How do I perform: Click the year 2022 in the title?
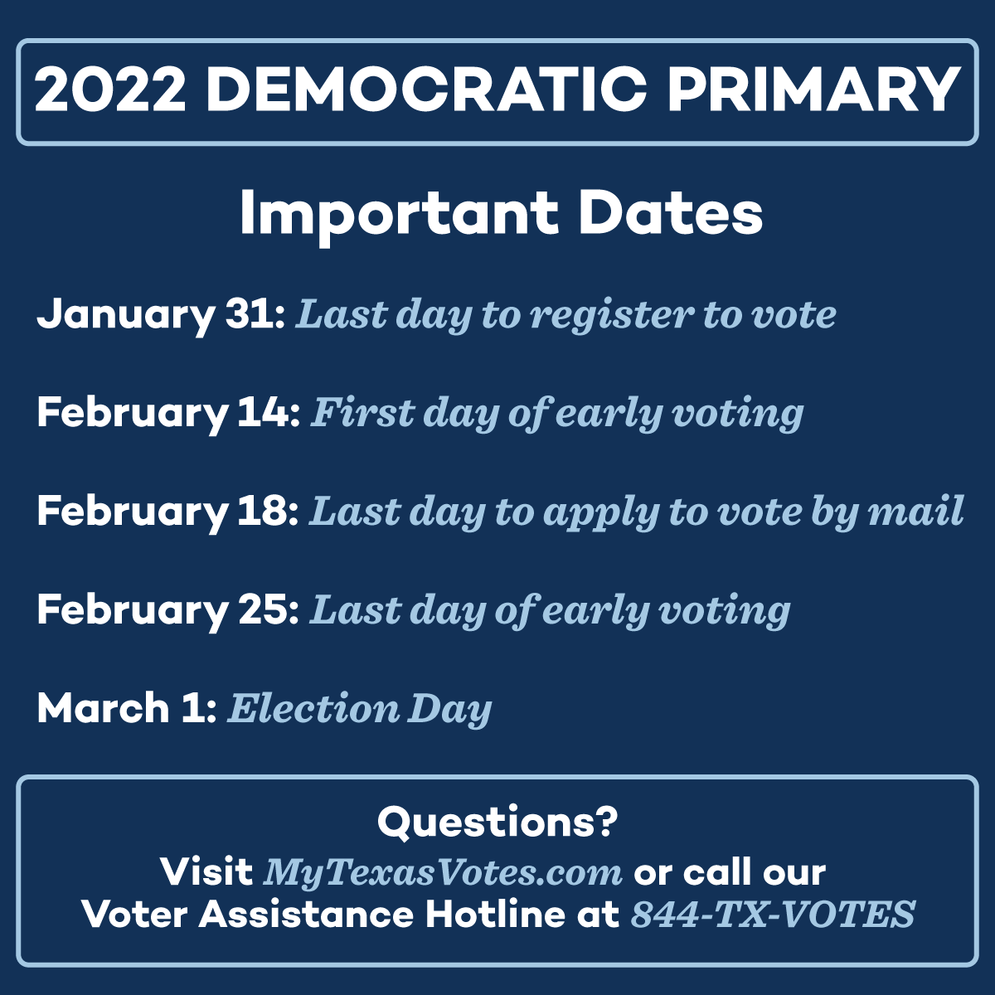pos(110,90)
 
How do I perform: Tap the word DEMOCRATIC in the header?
pos(426,90)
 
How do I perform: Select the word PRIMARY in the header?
pos(814,90)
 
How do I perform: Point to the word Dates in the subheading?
pos(671,213)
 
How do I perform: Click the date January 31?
pos(161,315)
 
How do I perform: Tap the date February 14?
pos(168,414)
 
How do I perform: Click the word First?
pos(362,413)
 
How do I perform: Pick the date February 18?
pos(167,512)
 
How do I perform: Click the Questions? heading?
pos(498,823)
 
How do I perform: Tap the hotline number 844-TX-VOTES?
pos(773,915)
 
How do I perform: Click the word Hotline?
pos(495,915)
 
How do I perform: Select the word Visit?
pos(206,872)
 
